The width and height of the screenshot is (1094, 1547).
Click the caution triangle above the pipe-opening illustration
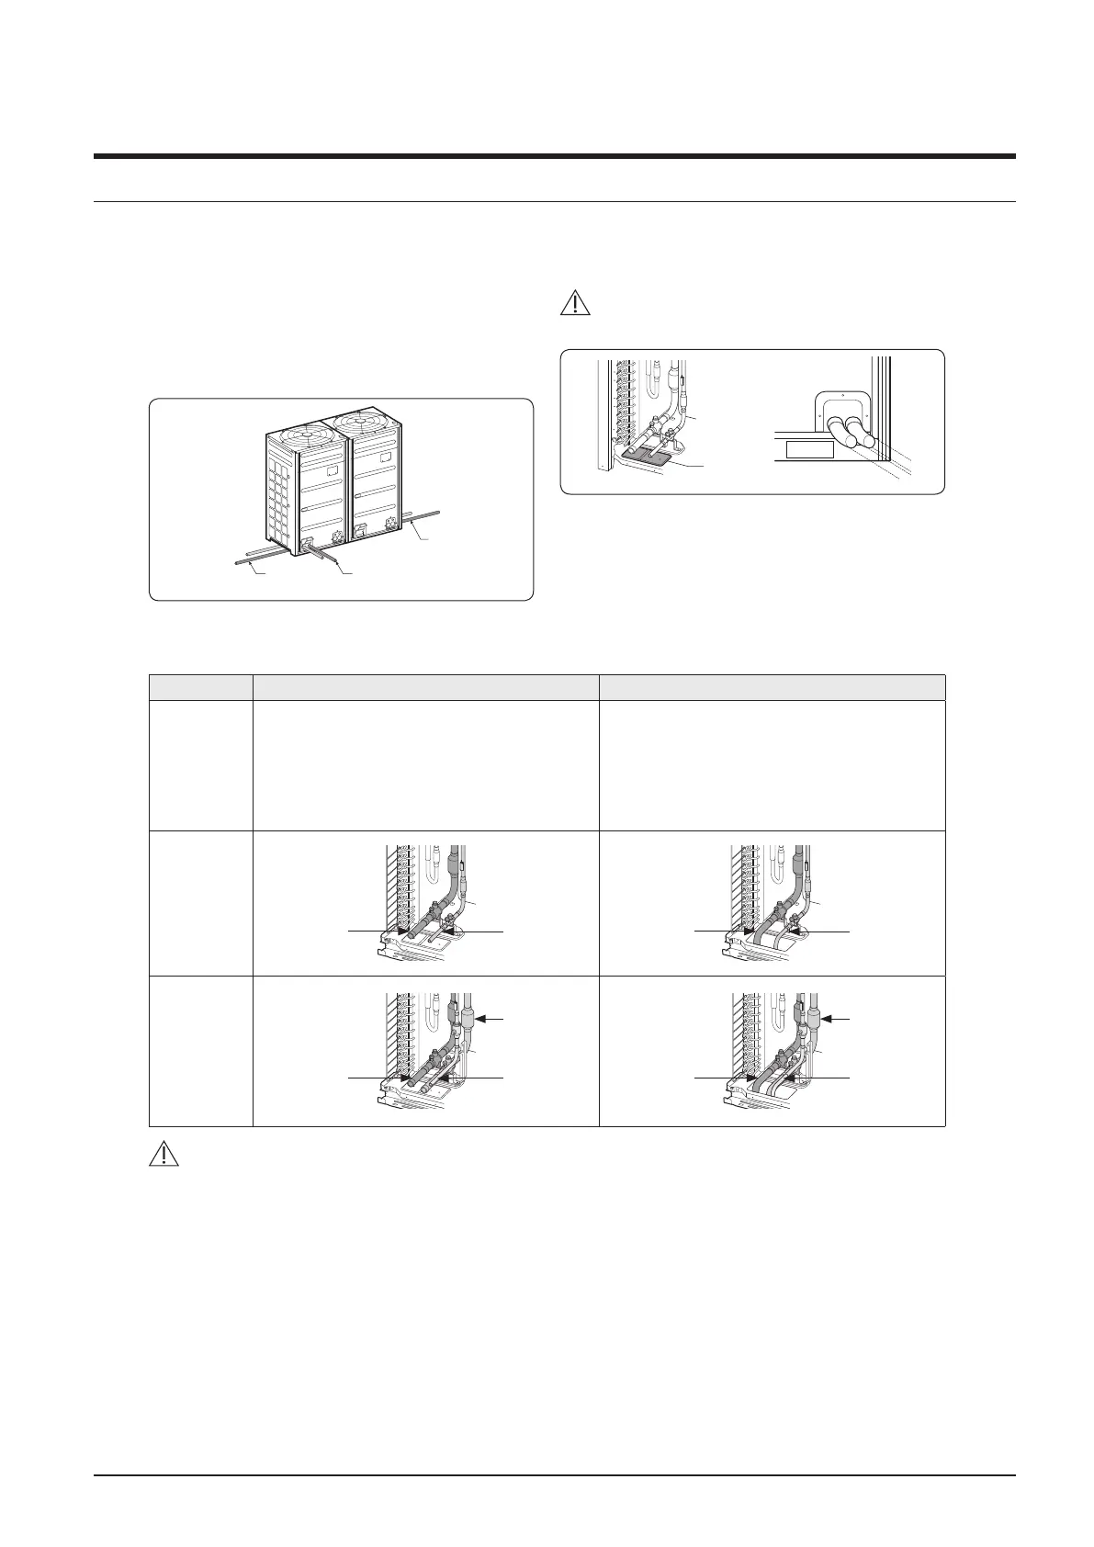pyautogui.click(x=576, y=303)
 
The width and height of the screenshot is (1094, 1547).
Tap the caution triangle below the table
pyautogui.click(x=164, y=1153)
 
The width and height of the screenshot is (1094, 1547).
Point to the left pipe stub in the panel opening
pyautogui.click(x=840, y=432)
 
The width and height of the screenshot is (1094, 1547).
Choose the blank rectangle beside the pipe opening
pyautogui.click(x=808, y=449)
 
